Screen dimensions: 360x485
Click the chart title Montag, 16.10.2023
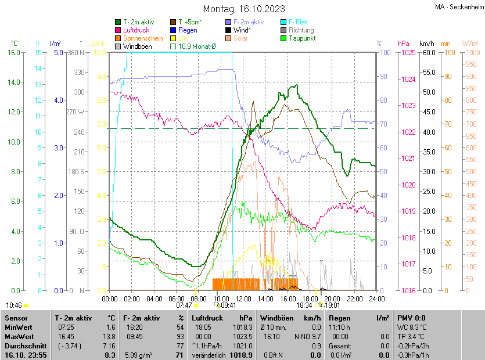point(243,9)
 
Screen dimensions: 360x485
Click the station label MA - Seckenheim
point(458,8)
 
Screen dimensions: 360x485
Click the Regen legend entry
point(188,30)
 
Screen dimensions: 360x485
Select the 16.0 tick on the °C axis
point(13,53)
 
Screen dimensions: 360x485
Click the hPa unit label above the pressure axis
point(404,44)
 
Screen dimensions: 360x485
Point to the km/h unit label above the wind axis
point(426,44)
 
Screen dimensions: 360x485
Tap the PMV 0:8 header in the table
point(411,318)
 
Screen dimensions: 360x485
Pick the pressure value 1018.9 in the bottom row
point(242,354)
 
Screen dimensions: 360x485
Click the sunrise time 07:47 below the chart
point(184,305)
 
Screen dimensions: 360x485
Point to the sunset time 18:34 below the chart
point(304,305)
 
